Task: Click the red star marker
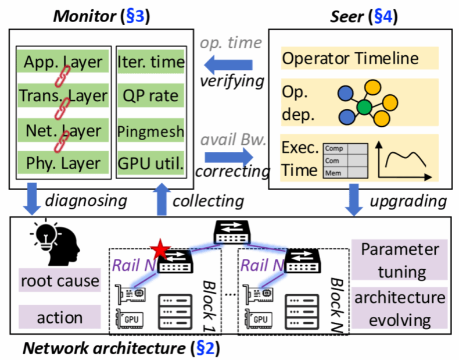coord(160,251)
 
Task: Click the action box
coord(59,318)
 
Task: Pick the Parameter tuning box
coord(400,261)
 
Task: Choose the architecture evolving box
coord(400,309)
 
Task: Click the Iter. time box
coord(151,62)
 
